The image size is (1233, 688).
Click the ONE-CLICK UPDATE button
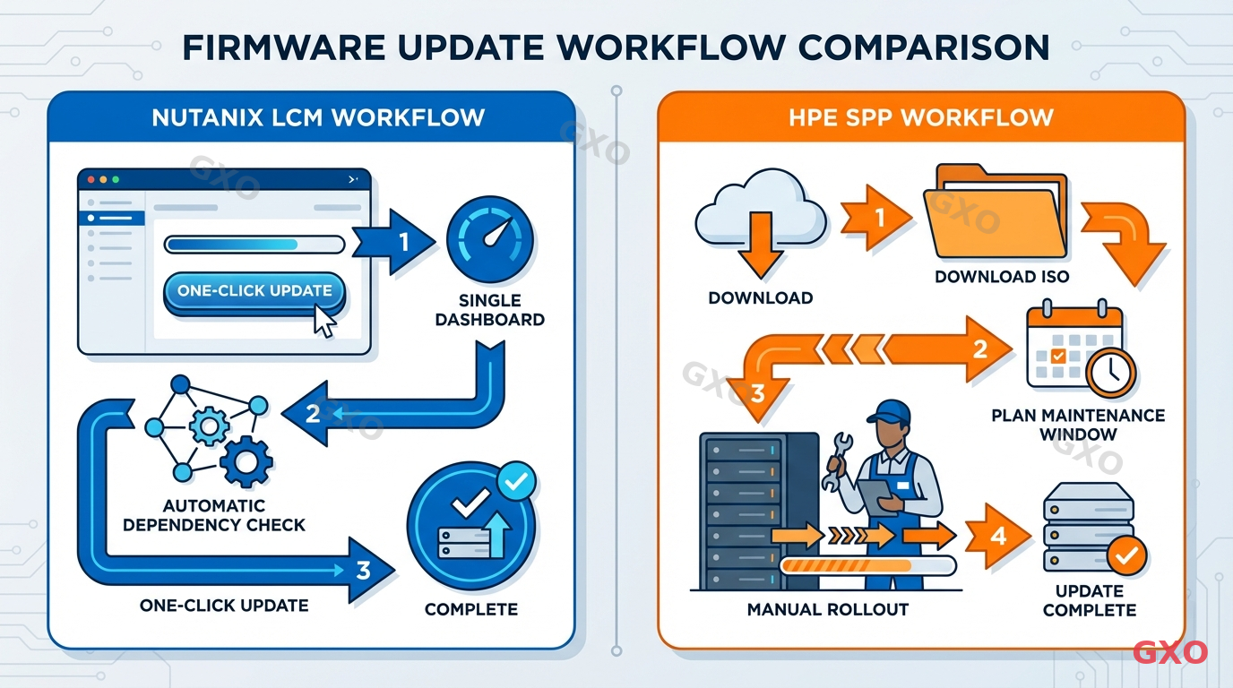254,291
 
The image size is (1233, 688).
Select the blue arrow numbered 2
313,414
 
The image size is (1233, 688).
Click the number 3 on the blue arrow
363,570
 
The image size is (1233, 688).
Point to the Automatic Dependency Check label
214,515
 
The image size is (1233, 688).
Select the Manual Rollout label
827,609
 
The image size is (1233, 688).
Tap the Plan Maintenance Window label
1078,425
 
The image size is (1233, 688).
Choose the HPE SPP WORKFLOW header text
920,117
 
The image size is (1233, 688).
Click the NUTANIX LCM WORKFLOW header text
318,117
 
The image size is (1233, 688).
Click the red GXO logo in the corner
1170,652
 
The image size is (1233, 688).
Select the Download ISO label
1002,276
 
